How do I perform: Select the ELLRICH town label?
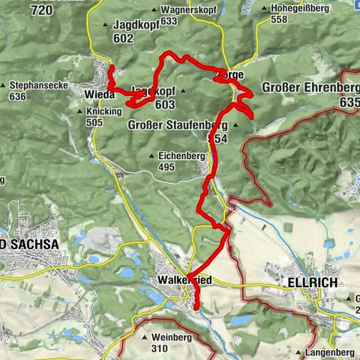tap(312, 282)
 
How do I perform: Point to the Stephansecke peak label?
tap(39, 85)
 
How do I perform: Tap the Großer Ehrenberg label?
tap(304, 88)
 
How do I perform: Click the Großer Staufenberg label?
tap(178, 124)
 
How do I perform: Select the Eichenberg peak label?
tap(181, 155)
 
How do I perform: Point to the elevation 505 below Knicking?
tap(94, 122)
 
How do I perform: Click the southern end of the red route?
tap(196, 307)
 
